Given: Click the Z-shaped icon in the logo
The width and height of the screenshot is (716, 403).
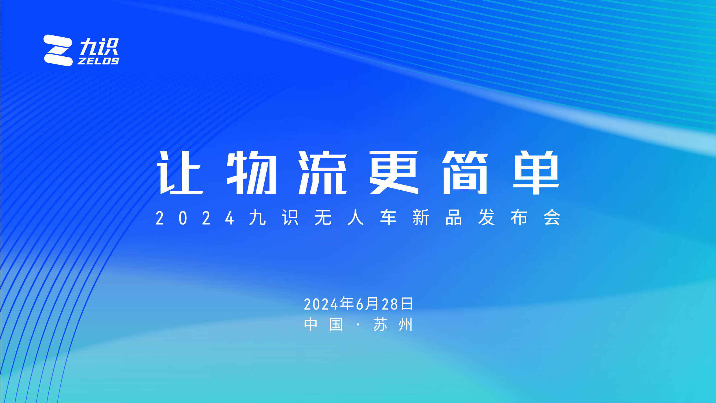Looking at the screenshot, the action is (58, 50).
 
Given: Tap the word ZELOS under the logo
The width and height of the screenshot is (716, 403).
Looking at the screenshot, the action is (98, 61).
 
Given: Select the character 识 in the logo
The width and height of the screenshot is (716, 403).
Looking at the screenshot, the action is (109, 46).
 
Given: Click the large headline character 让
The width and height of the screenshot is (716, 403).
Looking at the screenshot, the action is (180, 172).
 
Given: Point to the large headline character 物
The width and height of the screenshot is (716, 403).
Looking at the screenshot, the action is (251, 172).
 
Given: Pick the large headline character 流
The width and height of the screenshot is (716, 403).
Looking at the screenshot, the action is (322, 172).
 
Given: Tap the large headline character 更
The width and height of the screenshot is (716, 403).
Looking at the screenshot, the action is (394, 172).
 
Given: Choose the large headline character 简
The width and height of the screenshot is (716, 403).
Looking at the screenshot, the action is (465, 172).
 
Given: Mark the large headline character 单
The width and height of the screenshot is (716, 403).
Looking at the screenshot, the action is (536, 172).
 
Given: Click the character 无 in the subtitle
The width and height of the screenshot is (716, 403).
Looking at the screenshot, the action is (323, 217).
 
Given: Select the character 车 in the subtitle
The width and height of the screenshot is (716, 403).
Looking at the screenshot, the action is (388, 217).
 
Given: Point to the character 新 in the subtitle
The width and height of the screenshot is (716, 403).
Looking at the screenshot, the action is (421, 217).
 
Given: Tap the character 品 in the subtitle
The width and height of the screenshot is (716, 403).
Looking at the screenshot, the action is (454, 217).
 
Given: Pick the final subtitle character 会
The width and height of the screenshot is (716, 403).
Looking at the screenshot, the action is (552, 217).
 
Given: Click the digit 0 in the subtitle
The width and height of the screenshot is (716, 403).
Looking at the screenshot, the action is (183, 218).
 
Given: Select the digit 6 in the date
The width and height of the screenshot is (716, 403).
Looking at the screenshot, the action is (360, 304).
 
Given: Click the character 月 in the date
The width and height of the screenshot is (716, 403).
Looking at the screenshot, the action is (372, 304).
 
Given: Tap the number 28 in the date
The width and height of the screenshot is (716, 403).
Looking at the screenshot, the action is (390, 304).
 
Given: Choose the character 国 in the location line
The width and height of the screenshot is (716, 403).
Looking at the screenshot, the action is (336, 325).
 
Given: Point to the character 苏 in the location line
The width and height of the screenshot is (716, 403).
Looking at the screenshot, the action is (380, 325).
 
